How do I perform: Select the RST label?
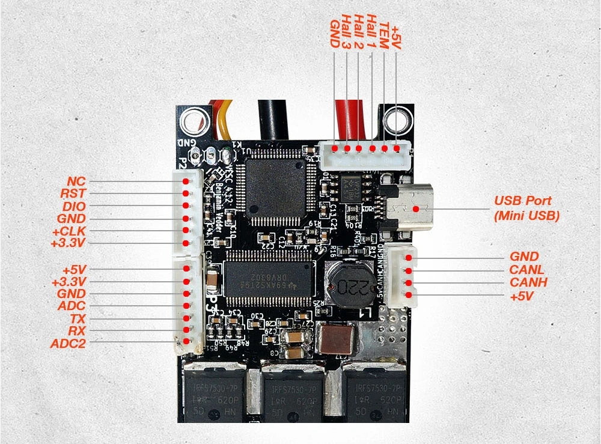point(73,193)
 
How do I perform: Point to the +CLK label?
point(69,231)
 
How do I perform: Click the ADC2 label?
point(68,344)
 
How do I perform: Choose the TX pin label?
point(78,318)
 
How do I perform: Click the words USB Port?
point(522,201)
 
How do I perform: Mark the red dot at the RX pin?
point(186,331)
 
